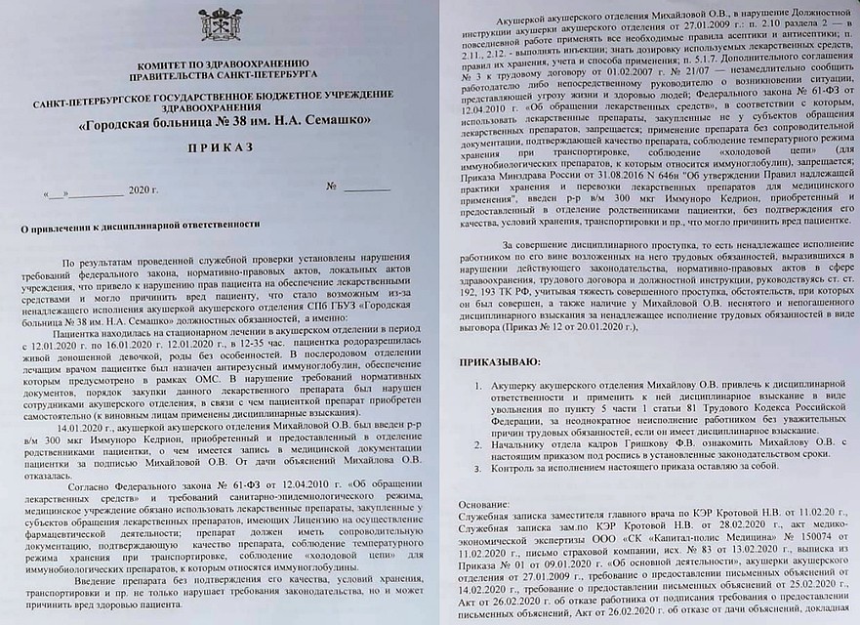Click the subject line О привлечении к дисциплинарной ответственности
click(141, 225)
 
